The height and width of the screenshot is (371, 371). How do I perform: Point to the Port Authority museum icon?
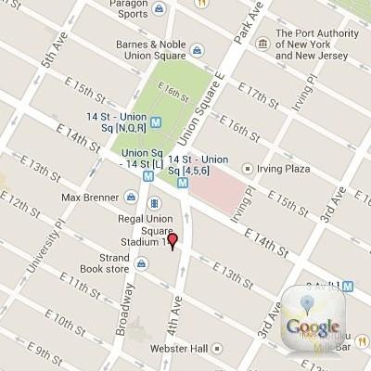(x=263, y=42)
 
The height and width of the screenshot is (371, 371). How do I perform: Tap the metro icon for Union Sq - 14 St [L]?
(x=148, y=173)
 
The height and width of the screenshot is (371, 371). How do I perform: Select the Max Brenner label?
(x=91, y=198)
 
